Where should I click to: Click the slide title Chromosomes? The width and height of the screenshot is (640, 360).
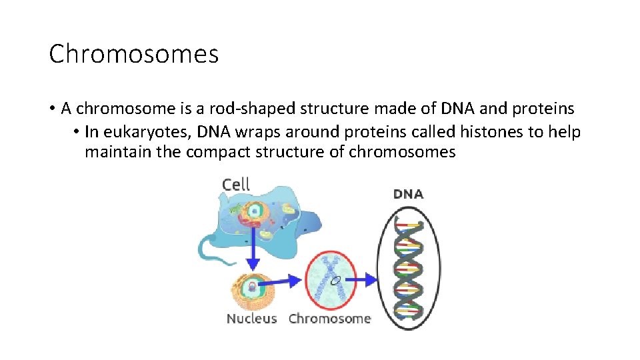tap(133, 54)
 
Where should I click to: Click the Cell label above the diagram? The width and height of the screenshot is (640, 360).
tap(236, 184)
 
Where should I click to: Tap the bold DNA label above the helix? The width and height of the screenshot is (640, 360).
tap(408, 194)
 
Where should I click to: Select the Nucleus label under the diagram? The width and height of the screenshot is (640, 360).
tap(251, 319)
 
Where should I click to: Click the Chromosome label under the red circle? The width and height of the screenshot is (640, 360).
tap(329, 319)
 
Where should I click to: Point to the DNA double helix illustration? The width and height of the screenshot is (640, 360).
tap(409, 267)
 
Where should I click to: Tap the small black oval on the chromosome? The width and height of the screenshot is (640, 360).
tap(337, 280)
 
